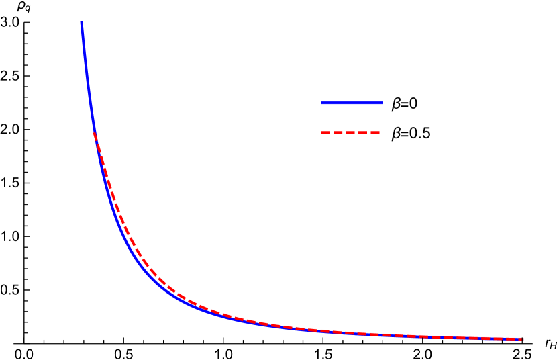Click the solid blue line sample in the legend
coord(352,103)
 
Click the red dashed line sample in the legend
coord(350,133)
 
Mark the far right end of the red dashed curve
coord(521,339)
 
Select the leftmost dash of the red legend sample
coord(325,133)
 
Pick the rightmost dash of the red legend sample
coord(375,133)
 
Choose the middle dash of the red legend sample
coord(350,133)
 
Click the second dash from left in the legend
coord(338,133)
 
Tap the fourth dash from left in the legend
coord(363,133)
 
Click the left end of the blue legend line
coord(322,103)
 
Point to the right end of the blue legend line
coord(382,103)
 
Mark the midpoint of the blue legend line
coord(352,103)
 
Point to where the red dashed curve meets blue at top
coord(94,134)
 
